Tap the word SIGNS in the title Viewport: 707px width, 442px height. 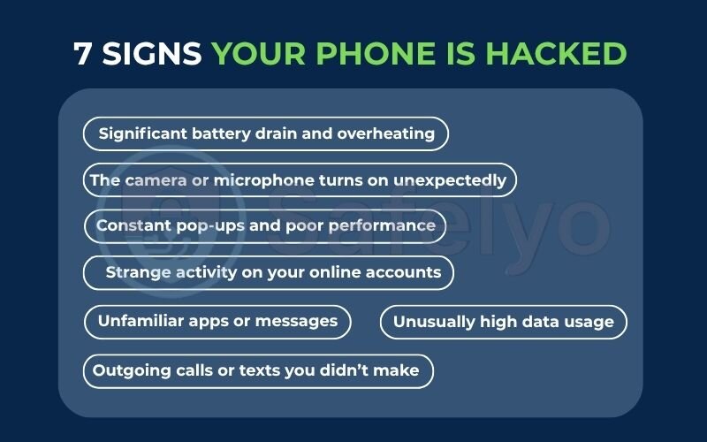152,54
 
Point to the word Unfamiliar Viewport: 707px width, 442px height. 141,321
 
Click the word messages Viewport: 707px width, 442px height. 299,321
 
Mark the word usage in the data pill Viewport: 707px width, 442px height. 587,322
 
